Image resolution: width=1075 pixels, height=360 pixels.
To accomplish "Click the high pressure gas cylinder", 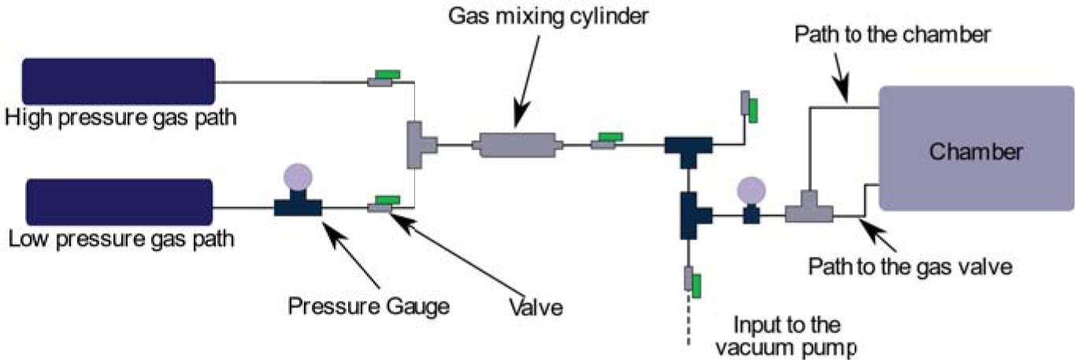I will tap(118, 81).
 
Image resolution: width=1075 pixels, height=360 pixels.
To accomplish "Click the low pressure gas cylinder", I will tap(119, 202).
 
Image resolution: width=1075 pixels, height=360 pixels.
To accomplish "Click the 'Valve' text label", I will tap(536, 307).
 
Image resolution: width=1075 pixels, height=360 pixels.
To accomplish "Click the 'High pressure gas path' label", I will tap(120, 118).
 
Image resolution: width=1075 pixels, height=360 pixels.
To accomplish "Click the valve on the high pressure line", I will tap(384, 77).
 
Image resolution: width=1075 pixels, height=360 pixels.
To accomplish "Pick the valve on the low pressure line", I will tap(384, 204).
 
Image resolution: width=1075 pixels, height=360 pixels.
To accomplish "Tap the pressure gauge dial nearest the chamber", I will tap(751, 189).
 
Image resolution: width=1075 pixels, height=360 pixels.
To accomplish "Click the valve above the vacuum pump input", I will tap(691, 281).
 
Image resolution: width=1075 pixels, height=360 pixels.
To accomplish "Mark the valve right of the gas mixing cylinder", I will tap(606, 140).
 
